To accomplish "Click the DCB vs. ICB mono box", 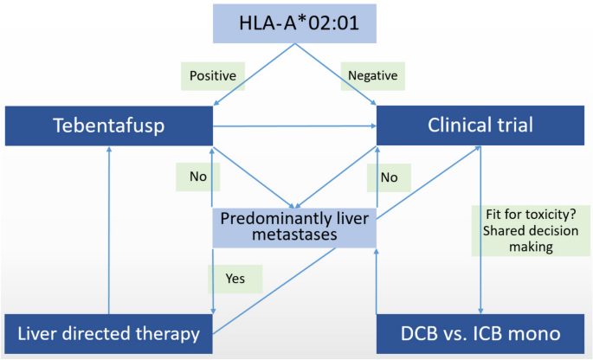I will (x=480, y=333).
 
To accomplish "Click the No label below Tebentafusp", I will (x=197, y=177).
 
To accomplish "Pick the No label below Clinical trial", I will (x=389, y=177).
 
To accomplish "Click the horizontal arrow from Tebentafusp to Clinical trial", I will (x=294, y=127).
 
